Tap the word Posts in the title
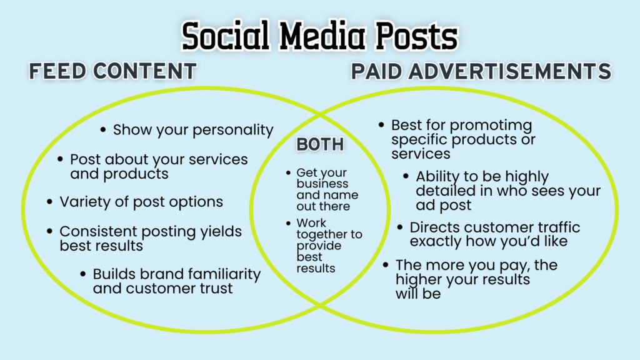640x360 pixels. [416, 36]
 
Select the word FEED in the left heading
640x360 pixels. [57, 71]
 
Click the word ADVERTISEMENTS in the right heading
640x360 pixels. [510, 71]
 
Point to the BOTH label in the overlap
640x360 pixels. [320, 144]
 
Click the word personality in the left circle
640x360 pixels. [233, 130]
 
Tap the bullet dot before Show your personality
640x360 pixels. [103, 130]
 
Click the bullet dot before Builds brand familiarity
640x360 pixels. [83, 274]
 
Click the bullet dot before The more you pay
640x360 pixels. [385, 265]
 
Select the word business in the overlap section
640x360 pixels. [322, 184]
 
